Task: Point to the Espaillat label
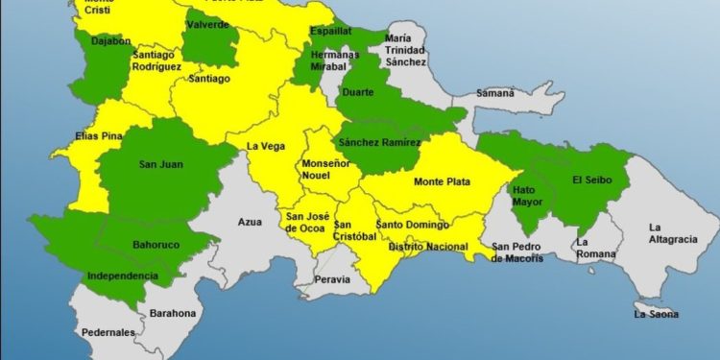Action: pyautogui.click(x=330, y=32)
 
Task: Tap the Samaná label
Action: pyautogui.click(x=496, y=94)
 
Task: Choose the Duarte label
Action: pyautogui.click(x=358, y=93)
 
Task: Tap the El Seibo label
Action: pyautogui.click(x=591, y=180)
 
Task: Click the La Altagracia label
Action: pyautogui.click(x=673, y=233)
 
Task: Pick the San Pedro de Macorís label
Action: pyautogui.click(x=517, y=252)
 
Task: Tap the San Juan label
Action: pyautogui.click(x=160, y=164)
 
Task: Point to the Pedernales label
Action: pyautogui.click(x=108, y=332)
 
